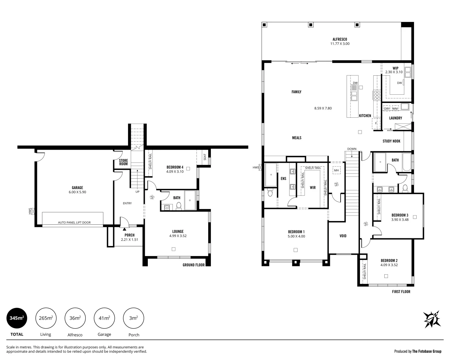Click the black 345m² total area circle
[x=17, y=318]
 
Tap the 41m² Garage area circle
[x=104, y=318]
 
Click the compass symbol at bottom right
[x=432, y=319]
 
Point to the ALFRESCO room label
[x=340, y=39]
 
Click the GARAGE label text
[x=77, y=188]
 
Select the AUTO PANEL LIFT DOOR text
[x=74, y=222]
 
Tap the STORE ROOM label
[x=123, y=162]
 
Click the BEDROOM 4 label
[x=175, y=167]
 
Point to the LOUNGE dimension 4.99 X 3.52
[x=177, y=236]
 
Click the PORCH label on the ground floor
[x=129, y=235]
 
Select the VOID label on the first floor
[x=343, y=236]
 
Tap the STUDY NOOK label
[x=391, y=141]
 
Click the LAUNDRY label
[x=395, y=118]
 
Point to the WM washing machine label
[x=395, y=109]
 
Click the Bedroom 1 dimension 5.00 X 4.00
[x=296, y=236]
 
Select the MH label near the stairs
[x=336, y=170]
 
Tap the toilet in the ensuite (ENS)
[x=270, y=193]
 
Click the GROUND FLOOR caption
[x=193, y=265]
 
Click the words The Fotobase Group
[x=427, y=351]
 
